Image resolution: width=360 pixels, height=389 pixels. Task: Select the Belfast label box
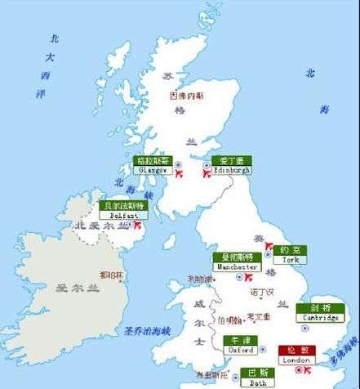118,210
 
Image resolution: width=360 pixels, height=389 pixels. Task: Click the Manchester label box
238,262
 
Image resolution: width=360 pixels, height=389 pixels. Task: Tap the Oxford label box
240,345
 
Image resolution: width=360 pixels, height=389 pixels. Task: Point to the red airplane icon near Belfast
138,223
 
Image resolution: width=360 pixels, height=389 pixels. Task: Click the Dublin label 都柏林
110,275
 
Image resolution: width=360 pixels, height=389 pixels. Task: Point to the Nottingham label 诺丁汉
261,292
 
